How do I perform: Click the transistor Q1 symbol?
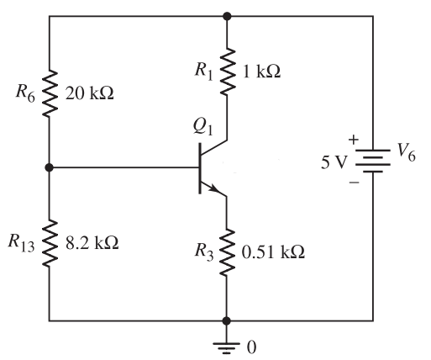(x=210, y=167)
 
